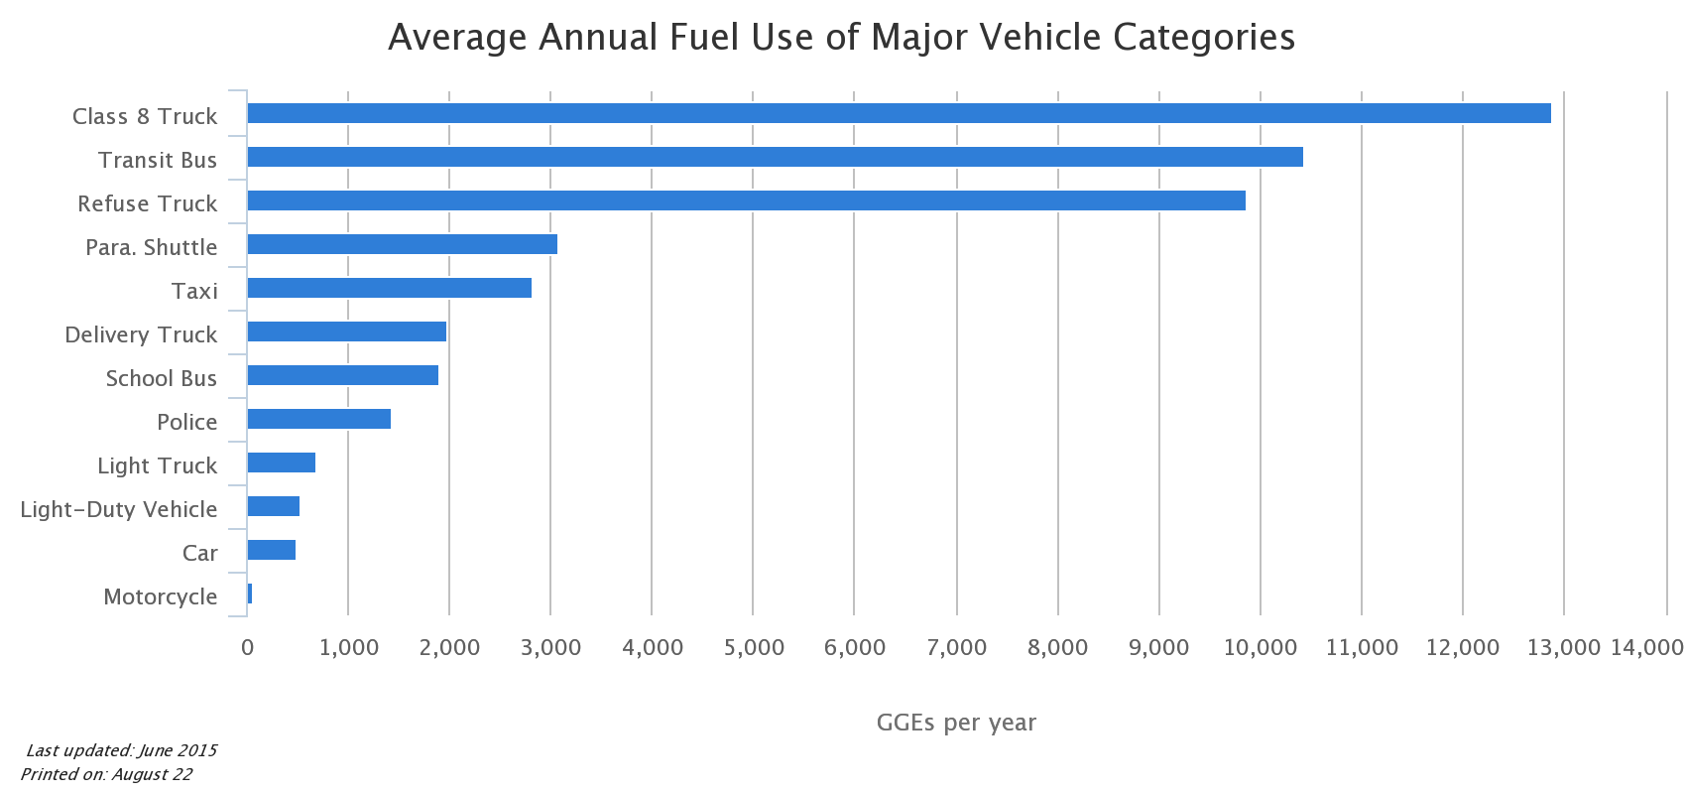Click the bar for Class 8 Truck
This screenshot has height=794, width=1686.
(899, 113)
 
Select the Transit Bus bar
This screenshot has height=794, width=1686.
(775, 157)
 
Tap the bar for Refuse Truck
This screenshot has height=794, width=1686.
(746, 200)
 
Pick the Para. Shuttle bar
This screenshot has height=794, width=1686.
(402, 244)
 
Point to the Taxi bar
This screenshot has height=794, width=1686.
(389, 288)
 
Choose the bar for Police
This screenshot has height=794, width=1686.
(318, 419)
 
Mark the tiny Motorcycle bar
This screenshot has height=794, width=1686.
(250, 594)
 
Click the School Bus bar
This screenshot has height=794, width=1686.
(342, 375)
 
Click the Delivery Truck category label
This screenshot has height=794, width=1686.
(141, 334)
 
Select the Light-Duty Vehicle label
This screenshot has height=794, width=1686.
(119, 509)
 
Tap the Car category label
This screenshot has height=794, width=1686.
(199, 553)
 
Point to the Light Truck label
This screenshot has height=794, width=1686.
(157, 465)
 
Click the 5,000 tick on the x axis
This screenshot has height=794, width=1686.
(754, 648)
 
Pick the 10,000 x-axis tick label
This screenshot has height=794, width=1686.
(1260, 648)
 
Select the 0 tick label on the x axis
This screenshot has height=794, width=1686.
(247, 648)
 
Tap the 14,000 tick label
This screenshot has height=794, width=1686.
(1646, 648)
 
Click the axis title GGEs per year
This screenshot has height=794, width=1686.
(956, 723)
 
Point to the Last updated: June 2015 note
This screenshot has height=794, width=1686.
(121, 750)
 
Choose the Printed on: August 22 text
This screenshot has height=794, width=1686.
(106, 774)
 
